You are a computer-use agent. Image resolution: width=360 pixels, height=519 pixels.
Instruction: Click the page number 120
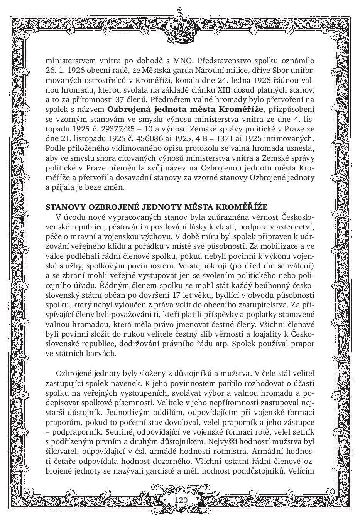pyautogui.click(x=181, y=500)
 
